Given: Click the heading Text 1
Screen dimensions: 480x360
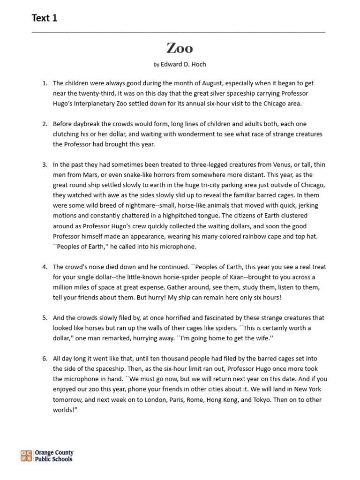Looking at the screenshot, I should click(45, 18).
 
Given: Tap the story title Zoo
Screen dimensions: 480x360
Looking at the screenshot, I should click(180, 48).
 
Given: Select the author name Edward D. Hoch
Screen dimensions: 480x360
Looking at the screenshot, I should click(183, 64).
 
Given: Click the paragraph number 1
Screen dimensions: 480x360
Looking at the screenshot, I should click(45, 83).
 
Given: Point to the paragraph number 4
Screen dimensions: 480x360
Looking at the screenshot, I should click(45, 267).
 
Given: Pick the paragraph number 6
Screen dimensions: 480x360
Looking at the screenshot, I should click(45, 359).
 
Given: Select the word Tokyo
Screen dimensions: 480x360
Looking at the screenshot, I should click(268, 399).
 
